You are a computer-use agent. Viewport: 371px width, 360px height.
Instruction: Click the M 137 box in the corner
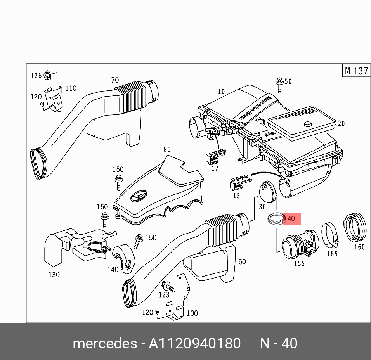[356, 71]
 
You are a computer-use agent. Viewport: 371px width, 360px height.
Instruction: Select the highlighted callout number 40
[291, 219]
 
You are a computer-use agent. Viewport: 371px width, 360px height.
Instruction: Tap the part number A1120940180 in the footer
[195, 344]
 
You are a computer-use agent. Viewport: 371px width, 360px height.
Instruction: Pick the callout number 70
[115, 80]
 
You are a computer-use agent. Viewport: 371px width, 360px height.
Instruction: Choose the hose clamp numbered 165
[330, 235]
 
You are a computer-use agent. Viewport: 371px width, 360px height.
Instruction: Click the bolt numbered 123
[167, 287]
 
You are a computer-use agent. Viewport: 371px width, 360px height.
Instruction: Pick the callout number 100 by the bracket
[192, 313]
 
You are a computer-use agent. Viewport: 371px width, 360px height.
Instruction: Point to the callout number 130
[54, 275]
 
